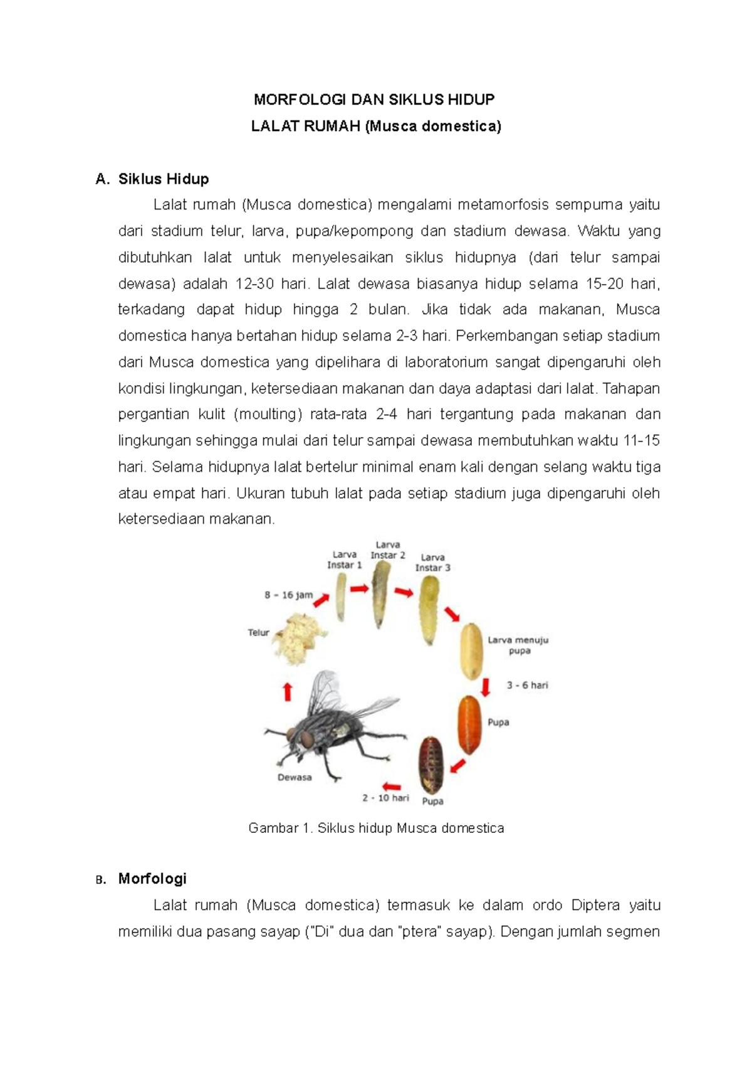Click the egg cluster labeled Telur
coord(300,639)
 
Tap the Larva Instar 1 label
coord(344,559)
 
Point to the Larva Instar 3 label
coord(432,563)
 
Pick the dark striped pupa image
coord(431,766)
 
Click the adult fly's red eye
coord(308,740)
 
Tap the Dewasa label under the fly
coord(295,778)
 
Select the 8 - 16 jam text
coord(288,595)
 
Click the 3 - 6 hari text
coord(527,686)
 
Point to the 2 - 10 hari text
coord(385,798)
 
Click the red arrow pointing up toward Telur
coord(288,692)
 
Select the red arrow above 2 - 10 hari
coord(391,786)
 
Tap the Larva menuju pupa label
coord(518,645)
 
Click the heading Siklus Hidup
coord(163,179)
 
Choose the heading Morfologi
coord(152,879)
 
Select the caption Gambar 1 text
coord(376,829)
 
